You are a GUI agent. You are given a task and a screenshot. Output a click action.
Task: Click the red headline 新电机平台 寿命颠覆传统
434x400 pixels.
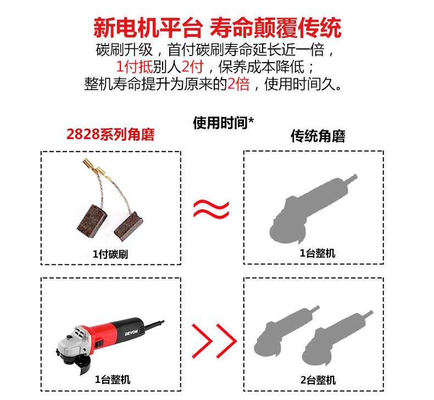[218, 27]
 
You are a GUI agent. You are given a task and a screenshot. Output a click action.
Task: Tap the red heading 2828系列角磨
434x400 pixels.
[110, 135]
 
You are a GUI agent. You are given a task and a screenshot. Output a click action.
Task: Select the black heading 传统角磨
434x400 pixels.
[318, 136]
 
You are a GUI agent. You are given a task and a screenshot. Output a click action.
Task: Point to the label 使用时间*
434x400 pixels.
[223, 123]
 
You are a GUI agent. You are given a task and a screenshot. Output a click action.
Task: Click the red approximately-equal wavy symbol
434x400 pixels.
[211, 208]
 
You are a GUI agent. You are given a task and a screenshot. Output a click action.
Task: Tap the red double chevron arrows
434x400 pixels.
[214, 341]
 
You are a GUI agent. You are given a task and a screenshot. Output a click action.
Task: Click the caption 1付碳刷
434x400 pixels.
[110, 254]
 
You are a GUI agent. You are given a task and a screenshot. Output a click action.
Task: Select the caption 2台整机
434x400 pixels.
[318, 380]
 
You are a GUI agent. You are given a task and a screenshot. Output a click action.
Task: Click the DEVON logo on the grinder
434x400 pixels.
[131, 332]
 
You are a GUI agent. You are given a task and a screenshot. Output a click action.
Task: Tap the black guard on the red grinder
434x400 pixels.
[83, 364]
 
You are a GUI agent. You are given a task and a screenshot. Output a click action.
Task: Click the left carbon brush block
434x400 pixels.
[92, 221]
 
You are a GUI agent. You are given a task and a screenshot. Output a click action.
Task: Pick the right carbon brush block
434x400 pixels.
[129, 226]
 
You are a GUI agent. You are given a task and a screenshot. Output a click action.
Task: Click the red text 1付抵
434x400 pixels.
[134, 66]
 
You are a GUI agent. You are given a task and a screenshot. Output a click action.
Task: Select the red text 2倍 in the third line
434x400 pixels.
[238, 84]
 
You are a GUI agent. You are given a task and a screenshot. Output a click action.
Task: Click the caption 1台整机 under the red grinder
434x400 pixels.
[113, 380]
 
